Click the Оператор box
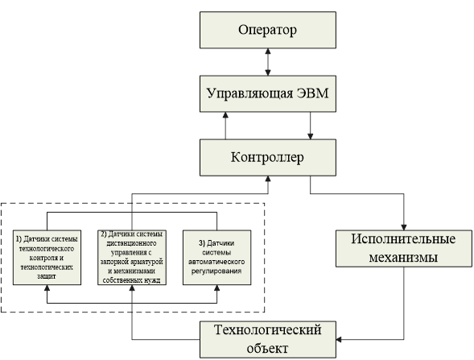pyautogui.click(x=268, y=30)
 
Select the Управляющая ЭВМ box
pyautogui.click(x=268, y=93)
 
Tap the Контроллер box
pyautogui.click(x=268, y=158)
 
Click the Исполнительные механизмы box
pyautogui.click(x=404, y=249)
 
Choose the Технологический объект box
pyautogui.click(x=268, y=340)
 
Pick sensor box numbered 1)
pyautogui.click(x=47, y=258)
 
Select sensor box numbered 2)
pyautogui.click(x=132, y=258)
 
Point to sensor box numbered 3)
pyautogui.click(x=216, y=258)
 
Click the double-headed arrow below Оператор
pyautogui.click(x=268, y=62)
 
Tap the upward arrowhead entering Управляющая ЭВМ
pyautogui.click(x=225, y=115)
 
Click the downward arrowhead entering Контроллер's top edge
pyautogui.click(x=310, y=136)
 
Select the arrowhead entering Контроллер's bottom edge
pyautogui.click(x=268, y=179)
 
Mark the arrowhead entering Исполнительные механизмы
pyautogui.click(x=404, y=227)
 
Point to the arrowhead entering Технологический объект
pyautogui.click(x=339, y=339)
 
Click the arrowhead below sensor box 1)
pyautogui.click(x=47, y=288)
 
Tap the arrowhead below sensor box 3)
pyautogui.click(x=216, y=288)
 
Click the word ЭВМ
pyautogui.click(x=312, y=93)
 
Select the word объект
pyautogui.click(x=267, y=349)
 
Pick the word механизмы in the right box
pyautogui.click(x=403, y=258)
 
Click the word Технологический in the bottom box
pyautogui.click(x=268, y=329)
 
